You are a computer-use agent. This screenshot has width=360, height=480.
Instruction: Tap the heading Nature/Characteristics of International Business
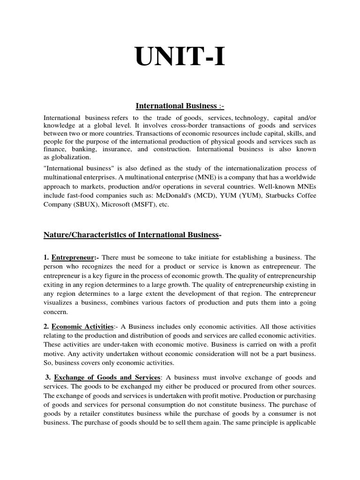[132, 235]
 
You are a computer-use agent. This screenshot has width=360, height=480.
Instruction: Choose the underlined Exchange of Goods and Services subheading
[107, 377]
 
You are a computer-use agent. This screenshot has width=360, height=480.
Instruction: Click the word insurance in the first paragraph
[118, 150]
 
